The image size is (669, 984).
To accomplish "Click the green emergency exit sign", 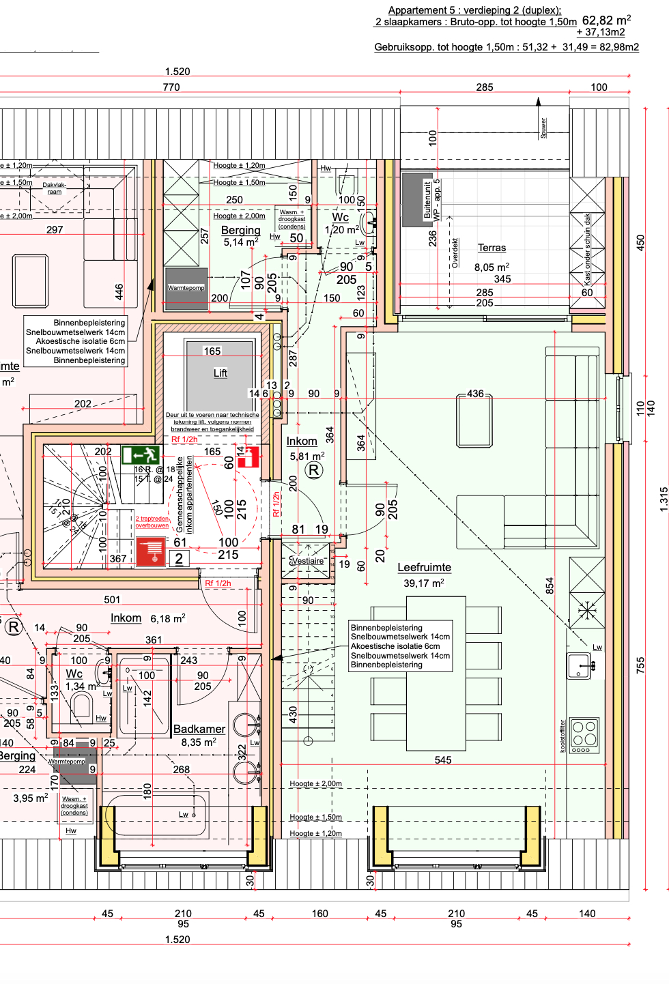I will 141,454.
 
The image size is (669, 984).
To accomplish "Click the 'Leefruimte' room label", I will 424,567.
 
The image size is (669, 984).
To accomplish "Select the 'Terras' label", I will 492,248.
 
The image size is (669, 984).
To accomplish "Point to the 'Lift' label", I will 220,373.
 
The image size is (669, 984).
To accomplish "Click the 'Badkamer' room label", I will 199,729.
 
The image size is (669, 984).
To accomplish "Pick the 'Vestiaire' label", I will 307,561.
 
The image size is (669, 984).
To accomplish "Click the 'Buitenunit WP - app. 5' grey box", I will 413,199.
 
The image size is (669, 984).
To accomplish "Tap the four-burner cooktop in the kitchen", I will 584,735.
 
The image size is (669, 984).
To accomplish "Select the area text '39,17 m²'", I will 423,583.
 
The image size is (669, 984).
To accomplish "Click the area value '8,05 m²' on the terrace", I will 492,267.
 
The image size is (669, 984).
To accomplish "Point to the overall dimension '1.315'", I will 663,500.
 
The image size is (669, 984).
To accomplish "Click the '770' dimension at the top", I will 171,87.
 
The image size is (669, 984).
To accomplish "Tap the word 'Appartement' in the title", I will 417,10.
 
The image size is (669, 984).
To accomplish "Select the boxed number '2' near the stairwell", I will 179,559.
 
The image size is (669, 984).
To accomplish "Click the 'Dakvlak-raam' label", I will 55,188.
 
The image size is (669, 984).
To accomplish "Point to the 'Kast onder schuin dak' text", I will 587,248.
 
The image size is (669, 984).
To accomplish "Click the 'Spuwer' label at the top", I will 543,128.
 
